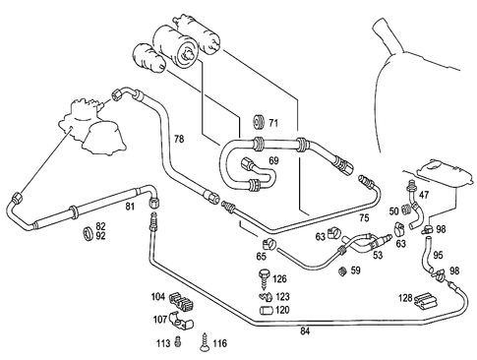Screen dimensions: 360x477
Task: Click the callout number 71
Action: tap(274, 123)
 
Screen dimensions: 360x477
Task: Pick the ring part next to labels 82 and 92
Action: tap(87, 232)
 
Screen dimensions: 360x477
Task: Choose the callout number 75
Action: tap(363, 216)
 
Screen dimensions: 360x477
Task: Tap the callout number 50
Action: tap(394, 211)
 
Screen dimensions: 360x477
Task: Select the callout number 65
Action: tap(262, 256)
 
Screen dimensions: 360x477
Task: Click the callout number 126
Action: tap(280, 279)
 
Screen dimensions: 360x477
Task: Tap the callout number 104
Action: tap(158, 295)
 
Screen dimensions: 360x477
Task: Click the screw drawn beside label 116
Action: tap(205, 341)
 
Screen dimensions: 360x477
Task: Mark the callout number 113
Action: tap(163, 343)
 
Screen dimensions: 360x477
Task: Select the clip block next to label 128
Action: tap(427, 298)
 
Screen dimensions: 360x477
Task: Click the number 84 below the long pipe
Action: tap(306, 331)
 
